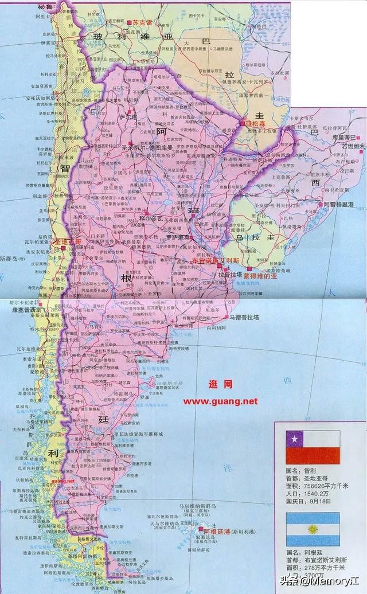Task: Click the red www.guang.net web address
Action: tap(221, 401)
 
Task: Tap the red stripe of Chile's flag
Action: tap(313, 457)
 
